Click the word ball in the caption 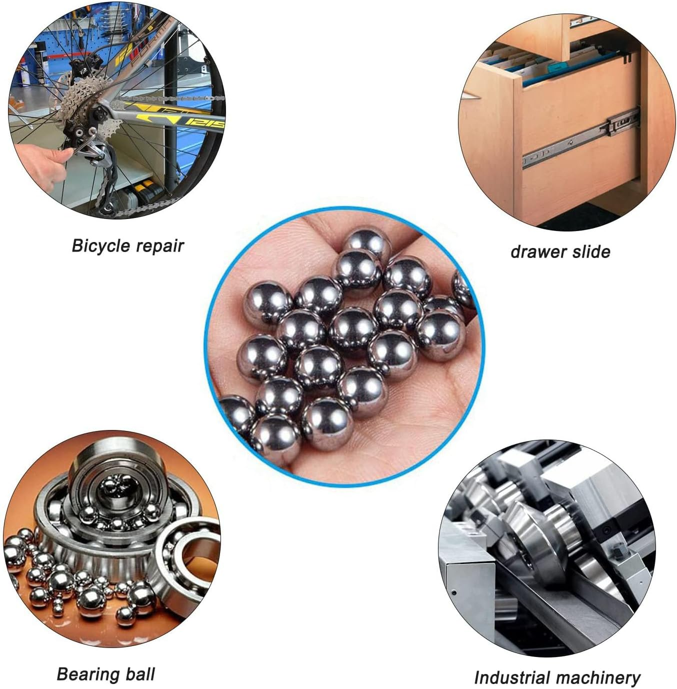click(x=140, y=674)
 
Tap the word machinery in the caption click(x=599, y=677)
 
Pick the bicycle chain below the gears click(x=150, y=205)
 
